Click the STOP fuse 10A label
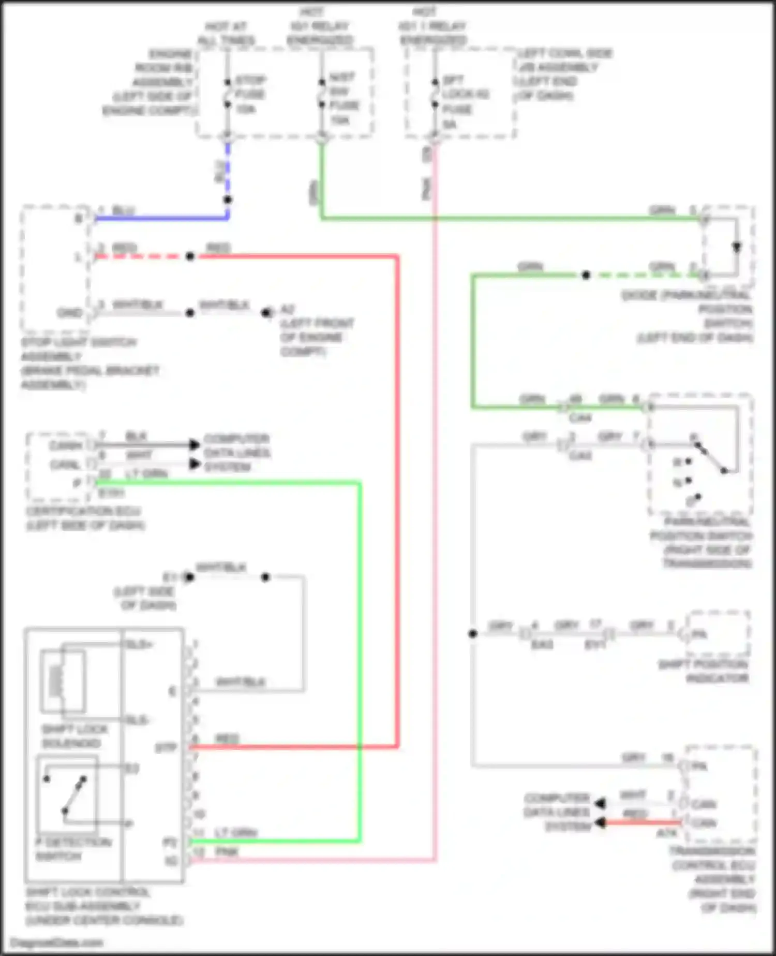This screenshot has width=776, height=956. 250,95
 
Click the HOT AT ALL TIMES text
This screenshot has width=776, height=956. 226,33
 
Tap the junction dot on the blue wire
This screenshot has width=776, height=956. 228,200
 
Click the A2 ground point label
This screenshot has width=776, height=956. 287,310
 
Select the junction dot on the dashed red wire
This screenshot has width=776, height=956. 190,256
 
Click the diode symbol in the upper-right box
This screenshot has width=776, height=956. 736,247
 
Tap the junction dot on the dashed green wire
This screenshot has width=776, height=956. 586,275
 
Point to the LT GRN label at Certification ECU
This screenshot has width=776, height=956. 147,474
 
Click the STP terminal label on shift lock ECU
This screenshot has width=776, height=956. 166,748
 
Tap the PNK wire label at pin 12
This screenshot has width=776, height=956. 227,851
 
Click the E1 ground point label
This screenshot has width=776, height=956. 170,577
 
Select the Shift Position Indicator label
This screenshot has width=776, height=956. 704,671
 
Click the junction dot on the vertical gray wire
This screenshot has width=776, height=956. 472,633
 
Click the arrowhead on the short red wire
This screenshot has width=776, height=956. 600,822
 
